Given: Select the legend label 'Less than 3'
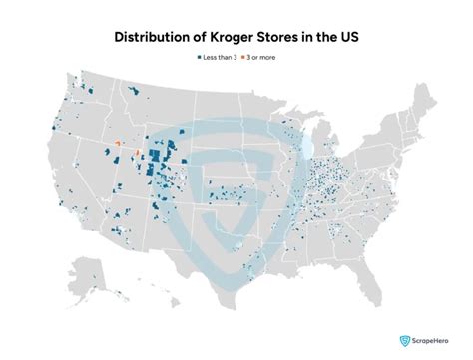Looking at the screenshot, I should [x=221, y=56].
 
